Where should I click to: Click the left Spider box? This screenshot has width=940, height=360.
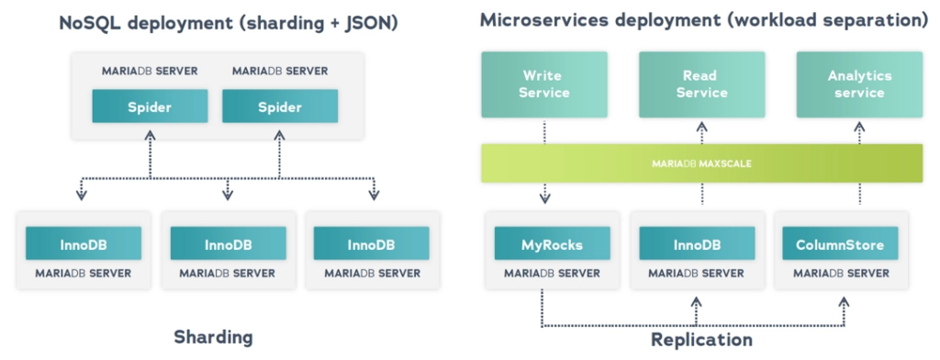click(x=150, y=107)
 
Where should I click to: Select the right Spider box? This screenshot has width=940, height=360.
click(x=280, y=107)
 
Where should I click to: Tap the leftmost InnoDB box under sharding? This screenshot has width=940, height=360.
click(x=84, y=244)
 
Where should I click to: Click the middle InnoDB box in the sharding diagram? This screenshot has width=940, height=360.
click(x=228, y=244)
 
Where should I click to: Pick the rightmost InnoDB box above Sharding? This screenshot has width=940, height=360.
click(x=372, y=244)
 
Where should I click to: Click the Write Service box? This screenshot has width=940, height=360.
click(x=544, y=84)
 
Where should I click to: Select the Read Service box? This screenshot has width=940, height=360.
click(x=701, y=84)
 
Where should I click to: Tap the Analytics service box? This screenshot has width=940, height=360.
click(x=859, y=84)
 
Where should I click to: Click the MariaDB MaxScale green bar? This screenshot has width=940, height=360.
click(x=701, y=163)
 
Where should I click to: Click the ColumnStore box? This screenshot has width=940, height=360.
click(x=840, y=244)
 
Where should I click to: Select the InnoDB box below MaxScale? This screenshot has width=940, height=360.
click(x=696, y=244)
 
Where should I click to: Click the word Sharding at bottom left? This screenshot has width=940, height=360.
click(x=213, y=337)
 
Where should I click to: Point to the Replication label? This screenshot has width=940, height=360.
click(x=701, y=340)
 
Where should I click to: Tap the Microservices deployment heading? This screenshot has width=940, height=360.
click(x=703, y=19)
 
